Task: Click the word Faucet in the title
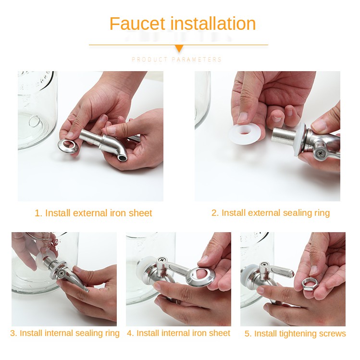coord(137,24)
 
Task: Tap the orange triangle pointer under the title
coord(179,49)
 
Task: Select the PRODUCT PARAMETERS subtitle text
coord(176,60)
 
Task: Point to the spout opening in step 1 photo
coord(123,158)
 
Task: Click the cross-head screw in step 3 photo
coord(62,273)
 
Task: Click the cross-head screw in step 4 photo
coord(162,260)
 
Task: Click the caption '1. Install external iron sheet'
coord(93,213)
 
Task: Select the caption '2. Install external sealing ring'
coord(271,213)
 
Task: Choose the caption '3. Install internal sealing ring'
coord(65,334)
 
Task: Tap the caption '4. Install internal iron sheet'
coord(178,333)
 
